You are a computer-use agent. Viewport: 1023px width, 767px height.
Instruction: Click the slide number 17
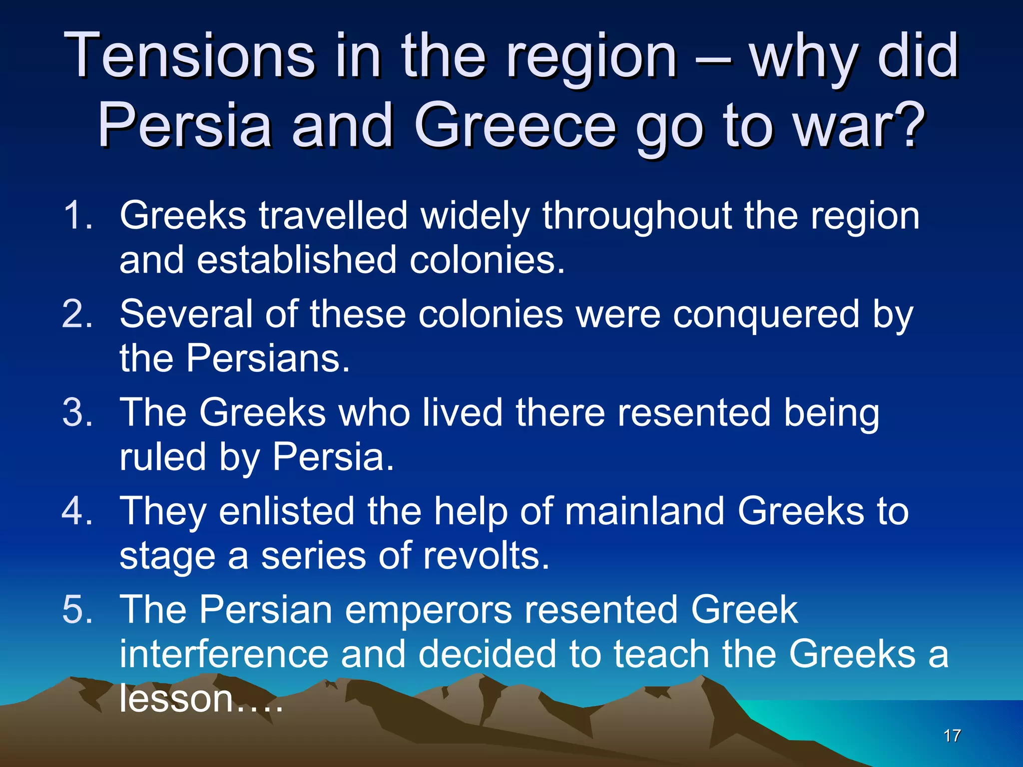pos(952,736)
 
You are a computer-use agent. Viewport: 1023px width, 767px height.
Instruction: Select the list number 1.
pos(78,215)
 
